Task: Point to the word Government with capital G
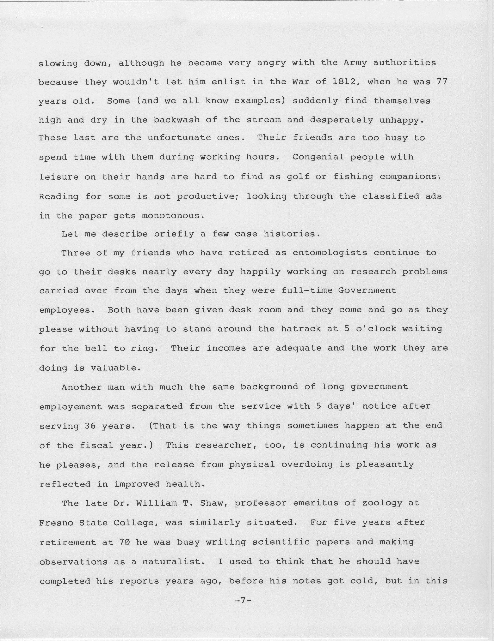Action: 367,291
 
